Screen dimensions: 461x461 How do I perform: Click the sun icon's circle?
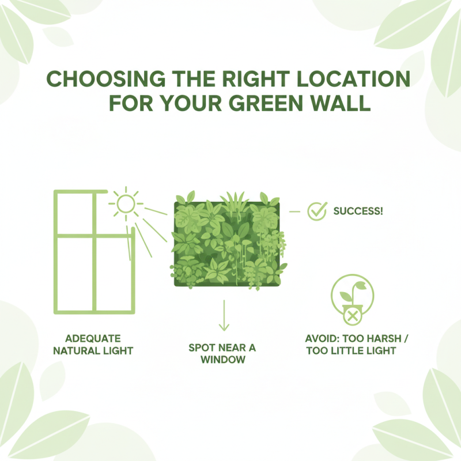click(x=126, y=203)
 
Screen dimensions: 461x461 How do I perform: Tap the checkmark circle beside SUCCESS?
click(x=316, y=211)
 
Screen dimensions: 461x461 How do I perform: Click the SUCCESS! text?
click(x=358, y=211)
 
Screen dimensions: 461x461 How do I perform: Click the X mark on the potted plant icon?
click(x=351, y=315)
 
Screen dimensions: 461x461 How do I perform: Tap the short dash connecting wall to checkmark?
click(x=295, y=211)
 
